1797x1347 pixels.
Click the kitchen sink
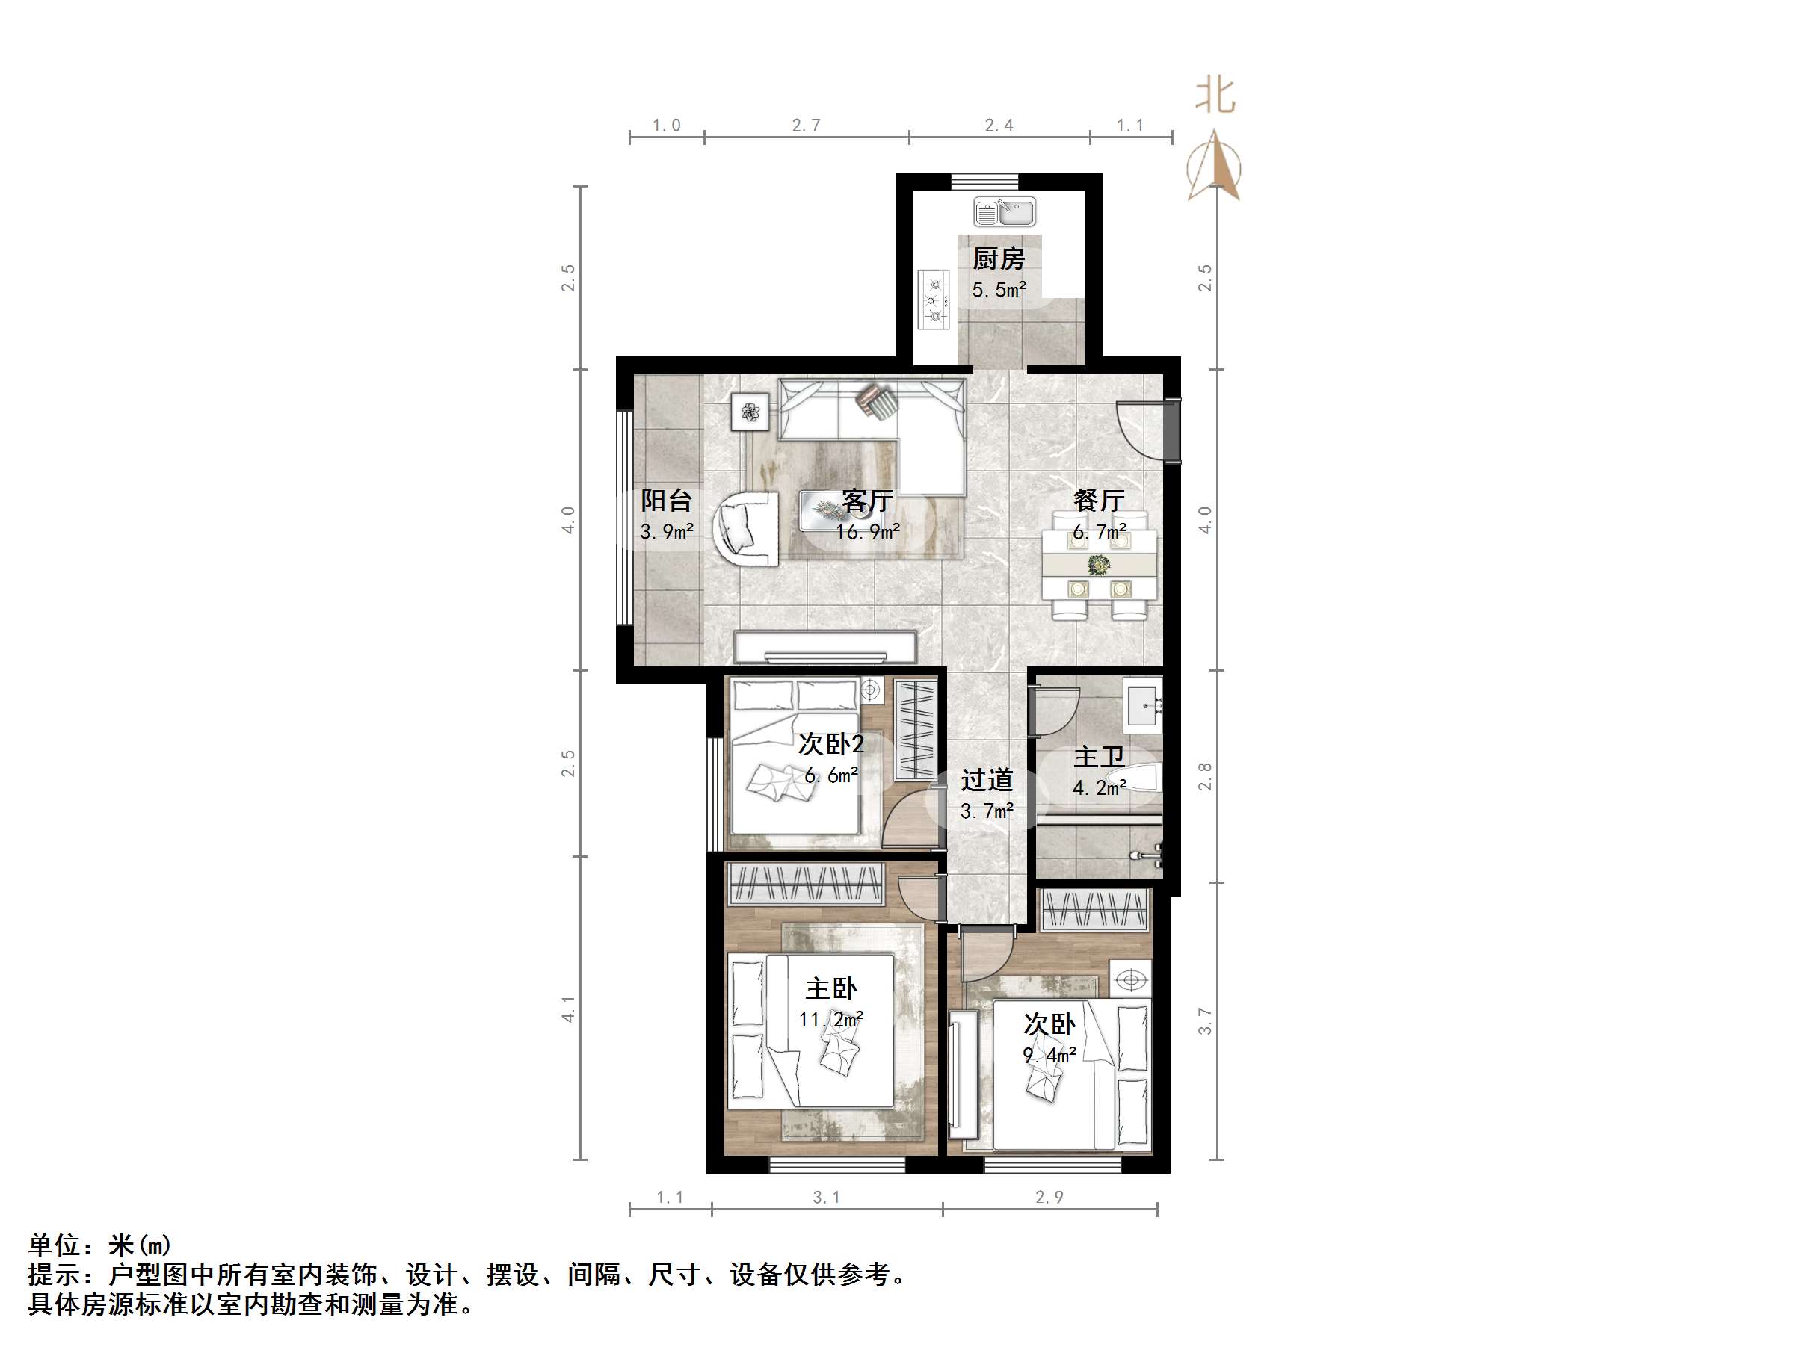tap(1005, 213)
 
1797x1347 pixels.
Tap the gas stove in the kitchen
tap(934, 300)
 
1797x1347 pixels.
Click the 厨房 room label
tap(999, 259)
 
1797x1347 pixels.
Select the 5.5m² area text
tap(999, 289)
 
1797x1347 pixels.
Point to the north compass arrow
tap(1214, 167)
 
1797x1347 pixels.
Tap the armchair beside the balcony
tap(746, 527)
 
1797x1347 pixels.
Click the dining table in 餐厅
tap(1099, 565)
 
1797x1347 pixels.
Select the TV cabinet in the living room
tap(824, 647)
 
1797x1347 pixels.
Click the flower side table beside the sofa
tap(750, 412)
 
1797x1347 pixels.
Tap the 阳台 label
tap(666, 500)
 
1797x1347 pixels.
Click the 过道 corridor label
tap(986, 780)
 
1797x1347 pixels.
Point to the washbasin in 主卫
tap(1144, 705)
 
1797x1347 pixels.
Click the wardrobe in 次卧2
tap(916, 728)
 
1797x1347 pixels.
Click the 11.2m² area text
tap(830, 1019)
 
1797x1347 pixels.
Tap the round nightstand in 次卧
tap(1131, 980)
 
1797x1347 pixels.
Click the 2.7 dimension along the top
tap(806, 125)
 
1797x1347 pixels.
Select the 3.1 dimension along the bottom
tap(826, 1197)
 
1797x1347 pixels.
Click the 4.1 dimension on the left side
tap(568, 1009)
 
